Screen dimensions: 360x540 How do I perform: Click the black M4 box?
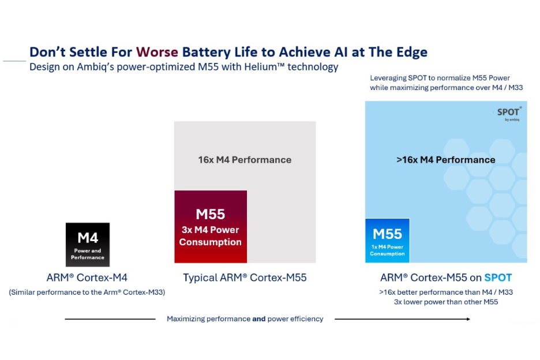pos(88,245)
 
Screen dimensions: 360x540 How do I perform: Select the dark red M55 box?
pos(211,227)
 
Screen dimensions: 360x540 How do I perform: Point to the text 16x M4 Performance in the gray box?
pos(245,160)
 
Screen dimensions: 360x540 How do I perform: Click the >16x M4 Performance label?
pos(445,160)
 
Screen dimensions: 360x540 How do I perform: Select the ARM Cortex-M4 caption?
pos(87,277)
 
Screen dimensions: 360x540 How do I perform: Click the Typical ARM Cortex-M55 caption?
pos(245,277)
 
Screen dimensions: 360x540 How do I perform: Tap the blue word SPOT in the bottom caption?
pos(497,277)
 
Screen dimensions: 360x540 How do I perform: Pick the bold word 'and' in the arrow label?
pos(259,319)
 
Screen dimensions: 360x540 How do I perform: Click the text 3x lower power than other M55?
pos(445,302)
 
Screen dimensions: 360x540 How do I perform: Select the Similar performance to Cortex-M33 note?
pos(87,292)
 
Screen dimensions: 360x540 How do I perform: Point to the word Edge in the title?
pos(410,52)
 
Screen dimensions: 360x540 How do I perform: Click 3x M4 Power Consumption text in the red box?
pos(211,236)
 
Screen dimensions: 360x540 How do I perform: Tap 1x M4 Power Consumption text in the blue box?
pos(387,250)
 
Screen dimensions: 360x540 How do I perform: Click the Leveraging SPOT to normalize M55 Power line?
pos(440,78)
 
